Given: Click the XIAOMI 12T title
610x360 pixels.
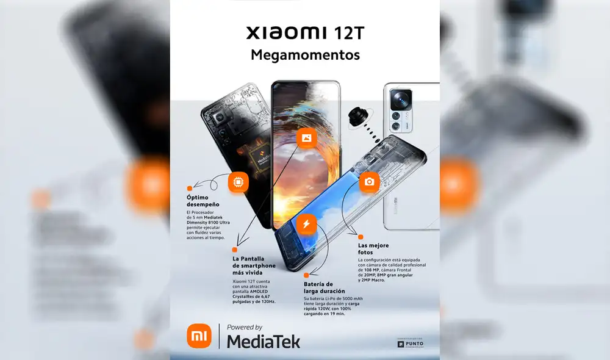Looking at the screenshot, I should coord(304,32).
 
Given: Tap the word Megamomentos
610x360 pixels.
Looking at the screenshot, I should coord(305,55).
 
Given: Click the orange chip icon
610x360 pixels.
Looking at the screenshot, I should coord(238,182).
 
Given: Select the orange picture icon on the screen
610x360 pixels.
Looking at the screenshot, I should coord(306,138).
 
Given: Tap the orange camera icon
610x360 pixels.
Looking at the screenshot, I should coord(369,182).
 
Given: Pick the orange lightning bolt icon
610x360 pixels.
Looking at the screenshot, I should coord(306,224).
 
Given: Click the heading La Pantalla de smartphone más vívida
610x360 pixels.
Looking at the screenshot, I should coord(253,266).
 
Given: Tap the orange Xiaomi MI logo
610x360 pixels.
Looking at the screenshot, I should coord(199,336).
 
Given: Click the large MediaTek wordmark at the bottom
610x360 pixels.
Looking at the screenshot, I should coord(264,341).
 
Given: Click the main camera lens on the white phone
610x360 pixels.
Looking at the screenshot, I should coord(402,98).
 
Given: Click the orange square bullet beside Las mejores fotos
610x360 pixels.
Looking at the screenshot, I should coord(361,237).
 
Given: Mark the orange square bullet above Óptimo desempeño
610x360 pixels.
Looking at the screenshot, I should coord(190,188).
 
